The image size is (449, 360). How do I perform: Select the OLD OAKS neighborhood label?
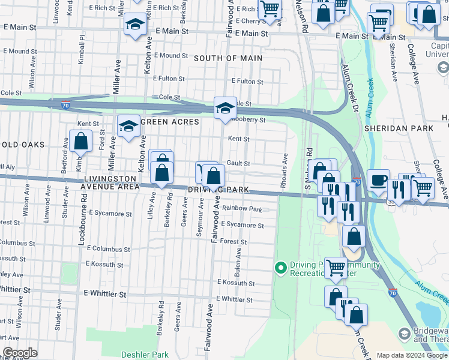[23, 145]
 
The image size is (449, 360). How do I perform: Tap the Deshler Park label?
[145, 355]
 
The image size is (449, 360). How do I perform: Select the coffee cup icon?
[378, 179]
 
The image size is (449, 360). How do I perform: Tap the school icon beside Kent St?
[128, 126]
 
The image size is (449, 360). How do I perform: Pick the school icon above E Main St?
[136, 25]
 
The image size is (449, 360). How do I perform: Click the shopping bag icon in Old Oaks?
[80, 142]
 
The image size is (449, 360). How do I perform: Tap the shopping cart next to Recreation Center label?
[335, 267]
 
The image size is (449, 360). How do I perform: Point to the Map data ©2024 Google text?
[412, 355]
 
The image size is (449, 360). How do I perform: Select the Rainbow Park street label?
[242, 209]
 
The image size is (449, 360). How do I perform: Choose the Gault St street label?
[238, 164]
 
